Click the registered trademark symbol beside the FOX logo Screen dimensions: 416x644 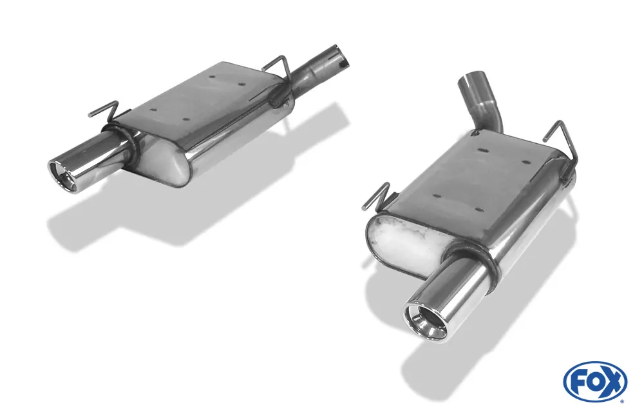(622, 401)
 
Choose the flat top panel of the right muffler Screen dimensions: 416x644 (477, 177)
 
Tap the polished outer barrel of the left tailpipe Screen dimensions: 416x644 (97, 155)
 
